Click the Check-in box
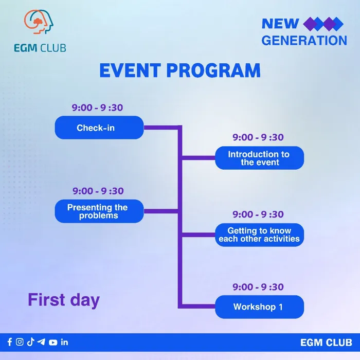coord(99,128)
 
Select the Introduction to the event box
coord(259,158)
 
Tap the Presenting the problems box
coord(99,211)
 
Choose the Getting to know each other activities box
coord(259,235)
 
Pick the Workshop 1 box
coord(259,307)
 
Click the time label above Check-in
coord(97,107)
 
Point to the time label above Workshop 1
coord(258,287)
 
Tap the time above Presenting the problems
coord(98,191)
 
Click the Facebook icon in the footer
coord(10,342)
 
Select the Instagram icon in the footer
coord(20,342)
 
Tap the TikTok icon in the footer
coord(30,342)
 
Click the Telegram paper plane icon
coord(41,342)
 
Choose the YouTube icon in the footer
coord(53,343)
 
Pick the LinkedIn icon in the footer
coord(64,342)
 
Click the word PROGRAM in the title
coord(213,70)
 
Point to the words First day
coord(64,300)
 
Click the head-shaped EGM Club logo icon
coord(39,22)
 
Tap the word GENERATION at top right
coord(304,41)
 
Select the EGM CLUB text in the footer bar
coord(326,343)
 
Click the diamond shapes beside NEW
coord(323,24)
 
